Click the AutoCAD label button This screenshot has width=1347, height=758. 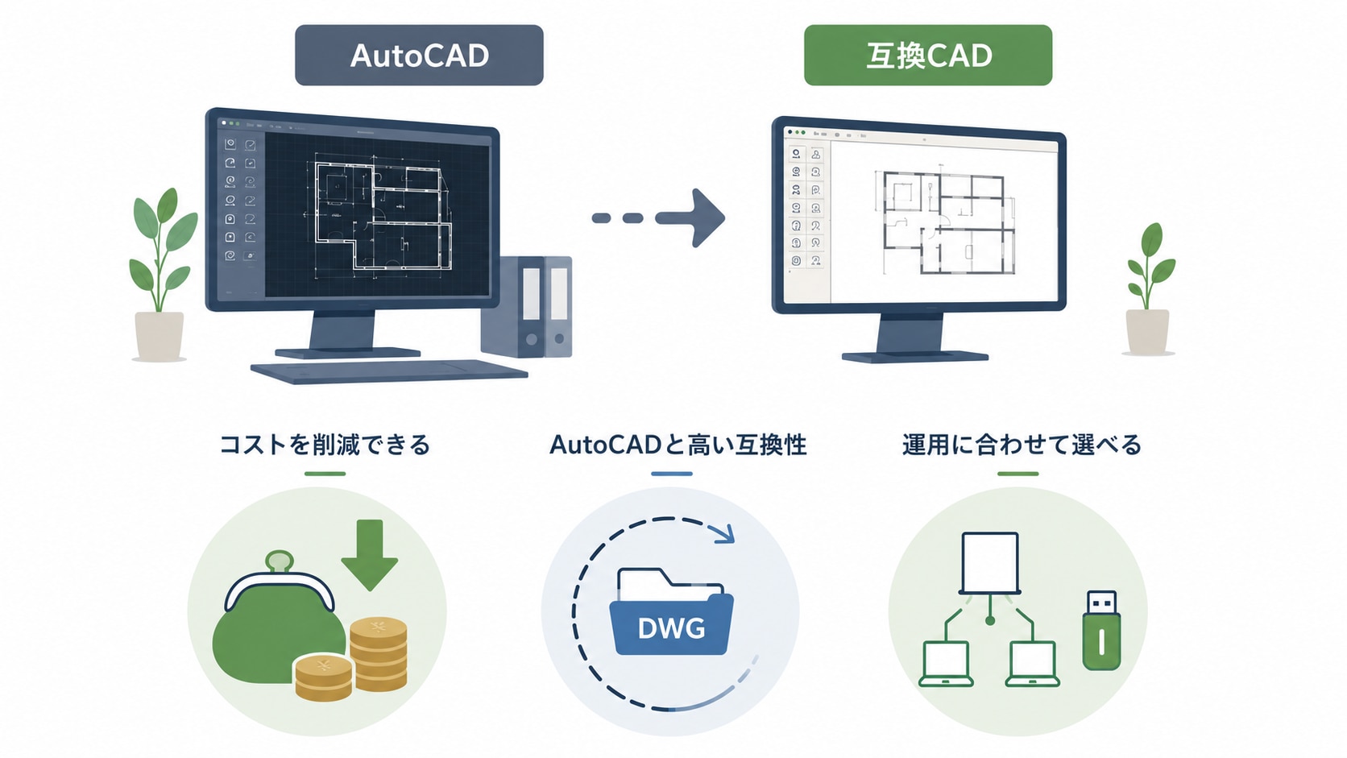(419, 56)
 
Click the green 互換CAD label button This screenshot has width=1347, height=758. (928, 56)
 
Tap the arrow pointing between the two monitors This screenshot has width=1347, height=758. (658, 217)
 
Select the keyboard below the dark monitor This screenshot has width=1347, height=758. (389, 371)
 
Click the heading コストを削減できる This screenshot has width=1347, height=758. (325, 445)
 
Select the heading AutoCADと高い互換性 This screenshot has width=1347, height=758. (678, 445)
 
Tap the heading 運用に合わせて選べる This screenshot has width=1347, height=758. (1022, 445)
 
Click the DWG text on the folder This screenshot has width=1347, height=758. (671, 629)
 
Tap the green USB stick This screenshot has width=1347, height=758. (1101, 631)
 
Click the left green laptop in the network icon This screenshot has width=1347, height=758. (946, 665)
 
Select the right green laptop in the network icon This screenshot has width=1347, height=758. (1033, 665)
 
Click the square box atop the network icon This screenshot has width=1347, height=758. (990, 563)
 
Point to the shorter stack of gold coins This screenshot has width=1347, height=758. (324, 677)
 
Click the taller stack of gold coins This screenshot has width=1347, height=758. (379, 653)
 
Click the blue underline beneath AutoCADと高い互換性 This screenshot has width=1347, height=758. (672, 474)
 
